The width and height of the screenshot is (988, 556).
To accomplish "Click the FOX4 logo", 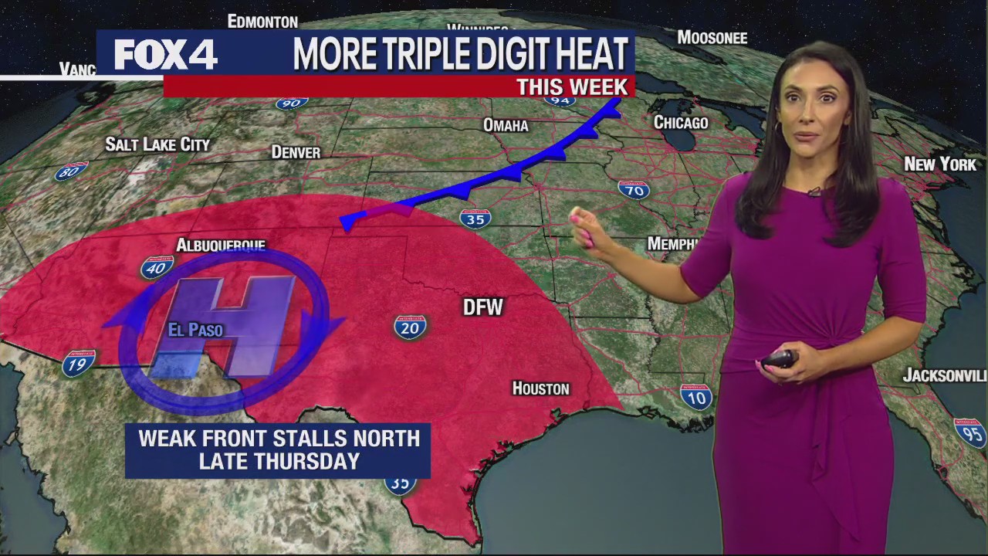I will tap(166, 54).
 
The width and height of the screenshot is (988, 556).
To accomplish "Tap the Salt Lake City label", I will tap(157, 144).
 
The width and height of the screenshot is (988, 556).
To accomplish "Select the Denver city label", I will tap(296, 152).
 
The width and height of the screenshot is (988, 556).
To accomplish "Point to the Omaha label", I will tap(506, 125).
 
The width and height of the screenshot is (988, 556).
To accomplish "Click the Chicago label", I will tap(681, 123).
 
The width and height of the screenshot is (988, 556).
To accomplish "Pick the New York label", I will tap(940, 164).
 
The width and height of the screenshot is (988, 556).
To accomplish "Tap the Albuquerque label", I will tap(221, 246).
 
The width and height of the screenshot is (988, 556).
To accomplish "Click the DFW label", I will tap(482, 307).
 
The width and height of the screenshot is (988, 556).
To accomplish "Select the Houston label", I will tap(541, 388).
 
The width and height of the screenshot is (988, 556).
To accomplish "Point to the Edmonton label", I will tap(262, 21).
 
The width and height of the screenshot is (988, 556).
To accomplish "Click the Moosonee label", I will tap(712, 37).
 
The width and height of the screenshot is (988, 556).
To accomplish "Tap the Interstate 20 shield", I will tap(410, 327).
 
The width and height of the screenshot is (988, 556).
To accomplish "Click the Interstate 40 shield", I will tap(157, 267).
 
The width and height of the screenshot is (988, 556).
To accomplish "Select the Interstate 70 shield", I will tap(634, 189).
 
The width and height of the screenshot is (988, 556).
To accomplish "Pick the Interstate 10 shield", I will tap(695, 396).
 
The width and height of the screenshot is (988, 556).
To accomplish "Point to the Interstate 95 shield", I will tap(970, 432).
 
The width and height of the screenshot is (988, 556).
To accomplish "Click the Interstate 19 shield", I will tap(79, 362).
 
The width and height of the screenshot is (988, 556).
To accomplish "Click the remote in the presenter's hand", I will tap(779, 359).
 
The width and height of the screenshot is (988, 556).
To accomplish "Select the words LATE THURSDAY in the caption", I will tap(279, 461).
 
